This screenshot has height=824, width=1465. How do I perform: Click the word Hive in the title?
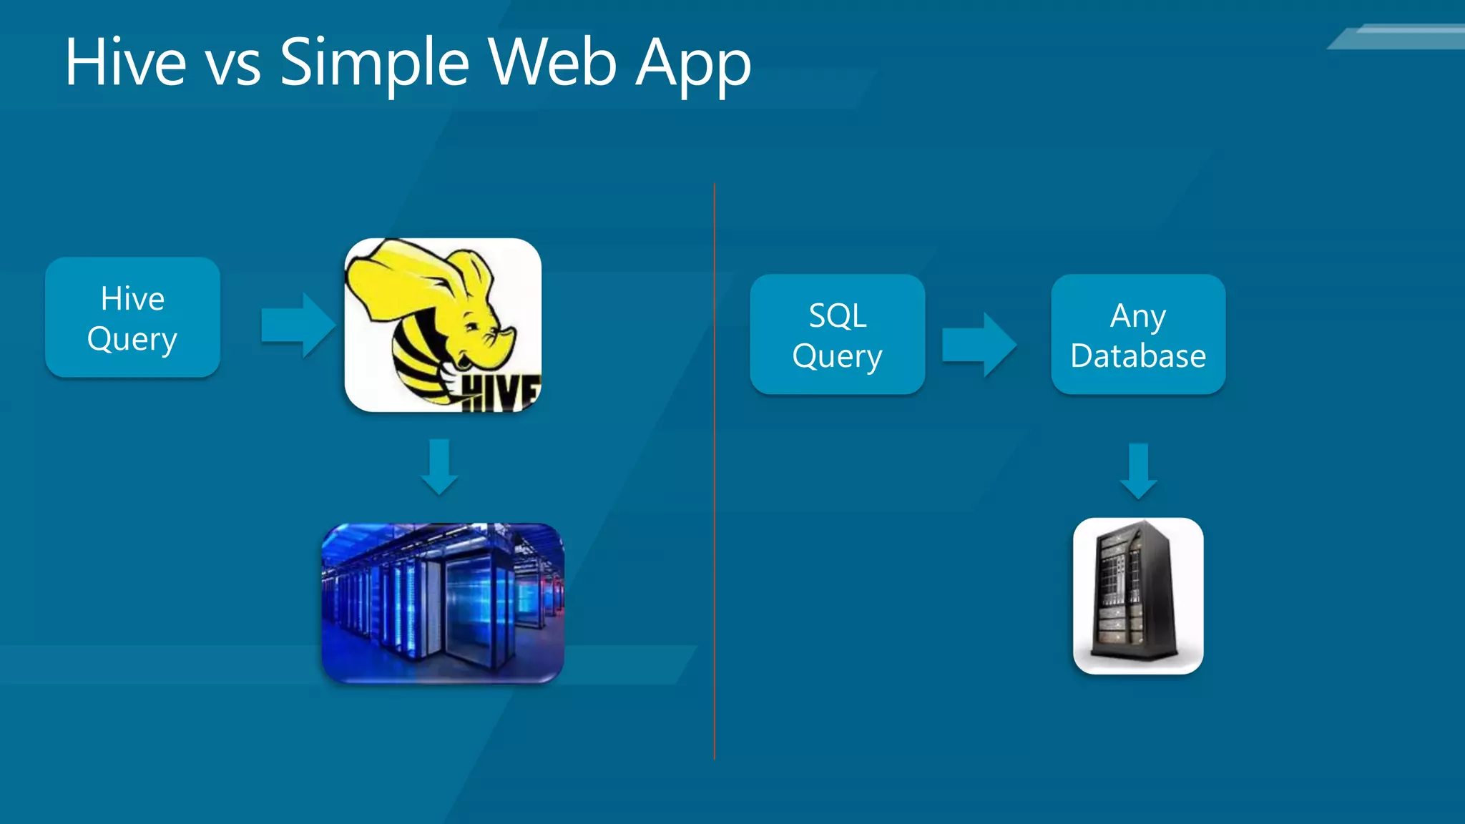point(126,62)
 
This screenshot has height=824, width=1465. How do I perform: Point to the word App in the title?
point(693,66)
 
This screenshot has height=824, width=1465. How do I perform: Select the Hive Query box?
point(132,318)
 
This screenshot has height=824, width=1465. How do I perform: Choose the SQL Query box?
point(837,335)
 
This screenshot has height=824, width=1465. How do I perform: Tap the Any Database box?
point(1138,335)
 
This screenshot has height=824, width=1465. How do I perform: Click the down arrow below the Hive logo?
point(439,467)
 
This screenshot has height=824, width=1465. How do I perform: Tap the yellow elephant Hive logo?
point(443,325)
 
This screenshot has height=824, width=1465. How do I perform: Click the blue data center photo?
point(443,603)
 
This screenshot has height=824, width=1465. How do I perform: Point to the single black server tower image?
point(1138,596)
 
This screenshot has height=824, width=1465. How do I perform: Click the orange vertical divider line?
point(714,472)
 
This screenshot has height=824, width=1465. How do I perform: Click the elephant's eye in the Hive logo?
point(472,326)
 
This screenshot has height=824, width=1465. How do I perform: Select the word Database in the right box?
point(1138,355)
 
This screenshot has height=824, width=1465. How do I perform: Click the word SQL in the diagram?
point(838,315)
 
